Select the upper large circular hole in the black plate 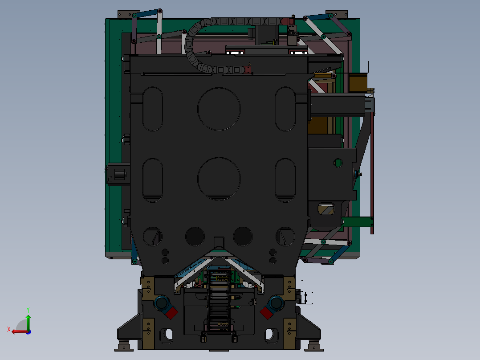219,109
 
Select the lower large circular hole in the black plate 219,179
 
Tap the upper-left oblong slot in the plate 152,109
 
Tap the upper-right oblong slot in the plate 285,109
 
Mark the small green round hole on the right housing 338,163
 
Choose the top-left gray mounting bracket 127,14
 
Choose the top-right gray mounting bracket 337,14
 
